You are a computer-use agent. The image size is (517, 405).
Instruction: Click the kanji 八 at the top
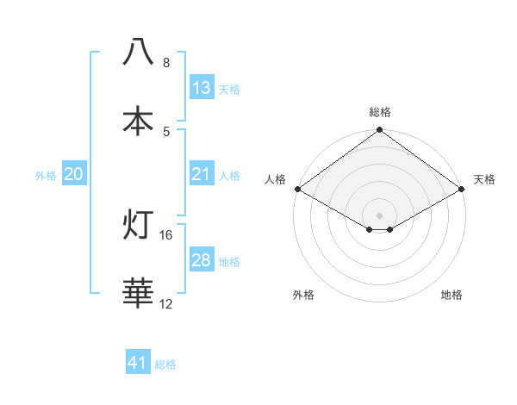click(138, 52)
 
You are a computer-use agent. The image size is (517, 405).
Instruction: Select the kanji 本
click(138, 121)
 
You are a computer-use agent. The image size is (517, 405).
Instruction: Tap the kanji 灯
click(138, 225)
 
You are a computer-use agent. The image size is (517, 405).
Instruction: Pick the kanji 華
click(138, 294)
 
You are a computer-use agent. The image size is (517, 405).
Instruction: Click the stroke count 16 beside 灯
click(166, 234)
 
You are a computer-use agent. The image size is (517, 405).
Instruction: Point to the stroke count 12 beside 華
click(166, 303)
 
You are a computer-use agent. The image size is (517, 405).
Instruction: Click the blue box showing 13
click(201, 88)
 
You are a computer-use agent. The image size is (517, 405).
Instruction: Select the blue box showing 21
click(201, 174)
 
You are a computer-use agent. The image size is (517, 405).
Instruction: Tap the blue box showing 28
click(201, 260)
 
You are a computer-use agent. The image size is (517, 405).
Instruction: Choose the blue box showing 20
click(74, 174)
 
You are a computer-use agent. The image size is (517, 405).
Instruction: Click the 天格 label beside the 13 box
click(229, 90)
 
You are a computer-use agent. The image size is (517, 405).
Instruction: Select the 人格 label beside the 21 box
click(229, 176)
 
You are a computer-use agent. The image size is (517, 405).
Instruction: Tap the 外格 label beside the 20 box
click(46, 176)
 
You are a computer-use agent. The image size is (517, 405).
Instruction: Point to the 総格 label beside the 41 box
click(165, 364)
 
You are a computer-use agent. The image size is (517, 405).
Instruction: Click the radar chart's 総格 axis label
click(379, 112)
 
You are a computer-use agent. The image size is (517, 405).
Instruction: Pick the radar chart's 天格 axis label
click(484, 179)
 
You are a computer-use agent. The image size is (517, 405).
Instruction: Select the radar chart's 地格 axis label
click(452, 296)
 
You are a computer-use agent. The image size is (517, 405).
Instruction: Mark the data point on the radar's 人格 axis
click(296, 189)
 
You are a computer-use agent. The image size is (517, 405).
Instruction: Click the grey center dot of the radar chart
click(379, 215)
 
